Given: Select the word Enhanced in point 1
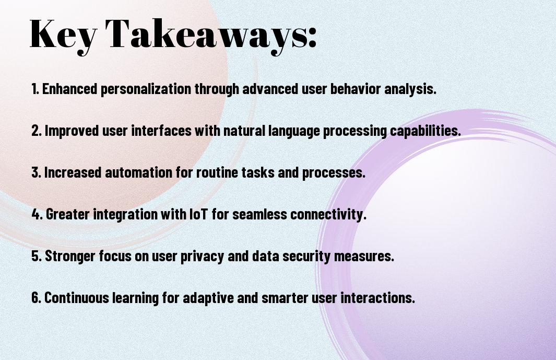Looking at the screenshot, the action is (69, 89).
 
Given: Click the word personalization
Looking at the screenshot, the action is (146, 89).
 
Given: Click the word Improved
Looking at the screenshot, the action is (72, 131).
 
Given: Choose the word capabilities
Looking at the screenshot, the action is (425, 131).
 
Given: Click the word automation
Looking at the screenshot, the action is (139, 172).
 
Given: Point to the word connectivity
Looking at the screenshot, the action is (328, 214).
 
